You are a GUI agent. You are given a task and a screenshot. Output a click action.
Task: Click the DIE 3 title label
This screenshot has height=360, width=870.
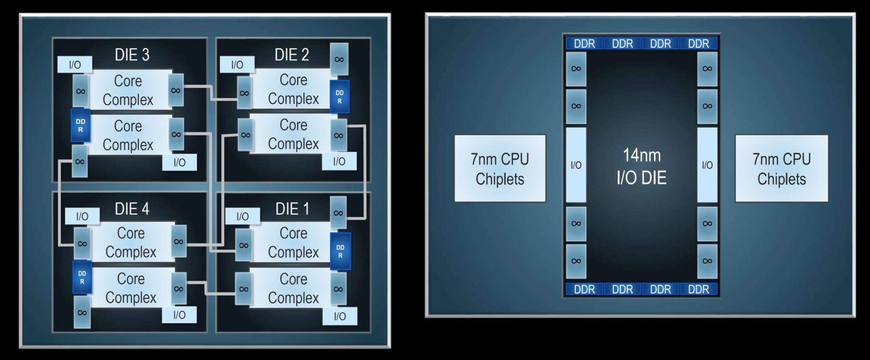tap(132, 55)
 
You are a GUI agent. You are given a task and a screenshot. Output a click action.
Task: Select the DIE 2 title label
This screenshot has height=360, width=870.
tap(291, 55)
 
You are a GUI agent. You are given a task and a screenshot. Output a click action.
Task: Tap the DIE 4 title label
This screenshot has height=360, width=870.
tap(132, 209)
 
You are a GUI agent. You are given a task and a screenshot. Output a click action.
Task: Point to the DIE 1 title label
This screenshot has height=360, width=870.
tap(292, 209)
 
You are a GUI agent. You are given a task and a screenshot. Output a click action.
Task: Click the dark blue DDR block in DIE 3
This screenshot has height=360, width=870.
tap(80, 126)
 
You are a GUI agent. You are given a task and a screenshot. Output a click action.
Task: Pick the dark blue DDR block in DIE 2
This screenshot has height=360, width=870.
tap(339, 97)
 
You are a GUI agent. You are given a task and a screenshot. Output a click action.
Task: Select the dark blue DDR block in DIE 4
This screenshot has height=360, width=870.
tap(82, 277)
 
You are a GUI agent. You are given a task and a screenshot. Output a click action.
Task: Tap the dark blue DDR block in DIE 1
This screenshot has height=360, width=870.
tap(340, 251)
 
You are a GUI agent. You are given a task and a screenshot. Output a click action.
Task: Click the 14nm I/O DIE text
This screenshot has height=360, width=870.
tap(642, 166)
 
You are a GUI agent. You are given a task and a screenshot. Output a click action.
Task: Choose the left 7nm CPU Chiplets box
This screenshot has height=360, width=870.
tap(500, 169)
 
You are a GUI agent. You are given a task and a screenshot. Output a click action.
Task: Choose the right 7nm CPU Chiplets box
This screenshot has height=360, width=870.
tap(781, 169)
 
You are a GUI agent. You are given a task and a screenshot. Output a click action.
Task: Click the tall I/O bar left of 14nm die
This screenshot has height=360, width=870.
tap(576, 165)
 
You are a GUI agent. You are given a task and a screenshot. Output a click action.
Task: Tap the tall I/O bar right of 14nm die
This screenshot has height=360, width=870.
tap(707, 165)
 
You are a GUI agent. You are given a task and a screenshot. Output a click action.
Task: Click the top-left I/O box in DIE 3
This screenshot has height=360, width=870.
tap(74, 65)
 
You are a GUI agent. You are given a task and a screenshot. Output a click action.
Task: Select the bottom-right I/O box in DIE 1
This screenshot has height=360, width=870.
tap(340, 316)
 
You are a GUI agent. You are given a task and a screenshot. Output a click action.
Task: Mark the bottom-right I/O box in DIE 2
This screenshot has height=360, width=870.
tap(339, 161)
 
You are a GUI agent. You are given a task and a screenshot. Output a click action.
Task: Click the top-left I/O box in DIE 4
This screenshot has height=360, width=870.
tap(82, 216)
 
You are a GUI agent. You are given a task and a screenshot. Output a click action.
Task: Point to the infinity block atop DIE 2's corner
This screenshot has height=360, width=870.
tap(339, 59)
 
